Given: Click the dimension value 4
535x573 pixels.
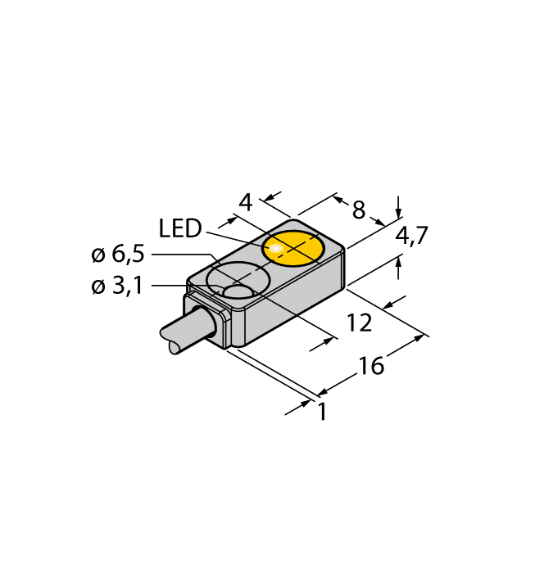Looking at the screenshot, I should (244, 201).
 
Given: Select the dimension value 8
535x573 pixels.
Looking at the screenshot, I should (358, 210).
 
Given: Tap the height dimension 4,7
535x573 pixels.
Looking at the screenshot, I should (411, 237).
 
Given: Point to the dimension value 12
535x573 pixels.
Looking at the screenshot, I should (359, 323).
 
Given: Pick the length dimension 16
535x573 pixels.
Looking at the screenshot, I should (371, 366).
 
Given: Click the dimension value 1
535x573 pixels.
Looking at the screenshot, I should (322, 413).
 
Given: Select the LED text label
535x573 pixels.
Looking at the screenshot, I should (180, 229).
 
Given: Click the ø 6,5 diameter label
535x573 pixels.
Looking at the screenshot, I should (118, 255).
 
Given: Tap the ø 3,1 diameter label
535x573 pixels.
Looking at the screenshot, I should (118, 287).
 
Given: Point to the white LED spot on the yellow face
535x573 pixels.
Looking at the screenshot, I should (277, 246).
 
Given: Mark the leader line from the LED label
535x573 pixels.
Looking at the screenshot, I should (233, 238).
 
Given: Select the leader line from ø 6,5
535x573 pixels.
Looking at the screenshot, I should (180, 255).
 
